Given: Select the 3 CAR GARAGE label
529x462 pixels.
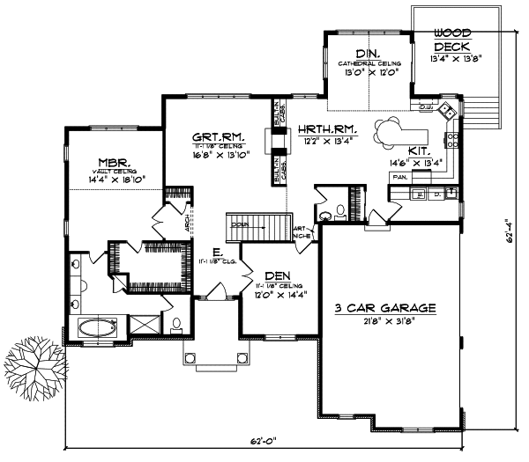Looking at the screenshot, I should [x=386, y=308].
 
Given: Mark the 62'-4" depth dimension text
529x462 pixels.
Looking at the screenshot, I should [x=510, y=236].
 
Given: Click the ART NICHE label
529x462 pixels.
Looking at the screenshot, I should [x=302, y=231].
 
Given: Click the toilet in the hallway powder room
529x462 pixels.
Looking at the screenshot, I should [x=326, y=214].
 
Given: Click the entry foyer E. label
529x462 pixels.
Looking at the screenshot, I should [x=216, y=250].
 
